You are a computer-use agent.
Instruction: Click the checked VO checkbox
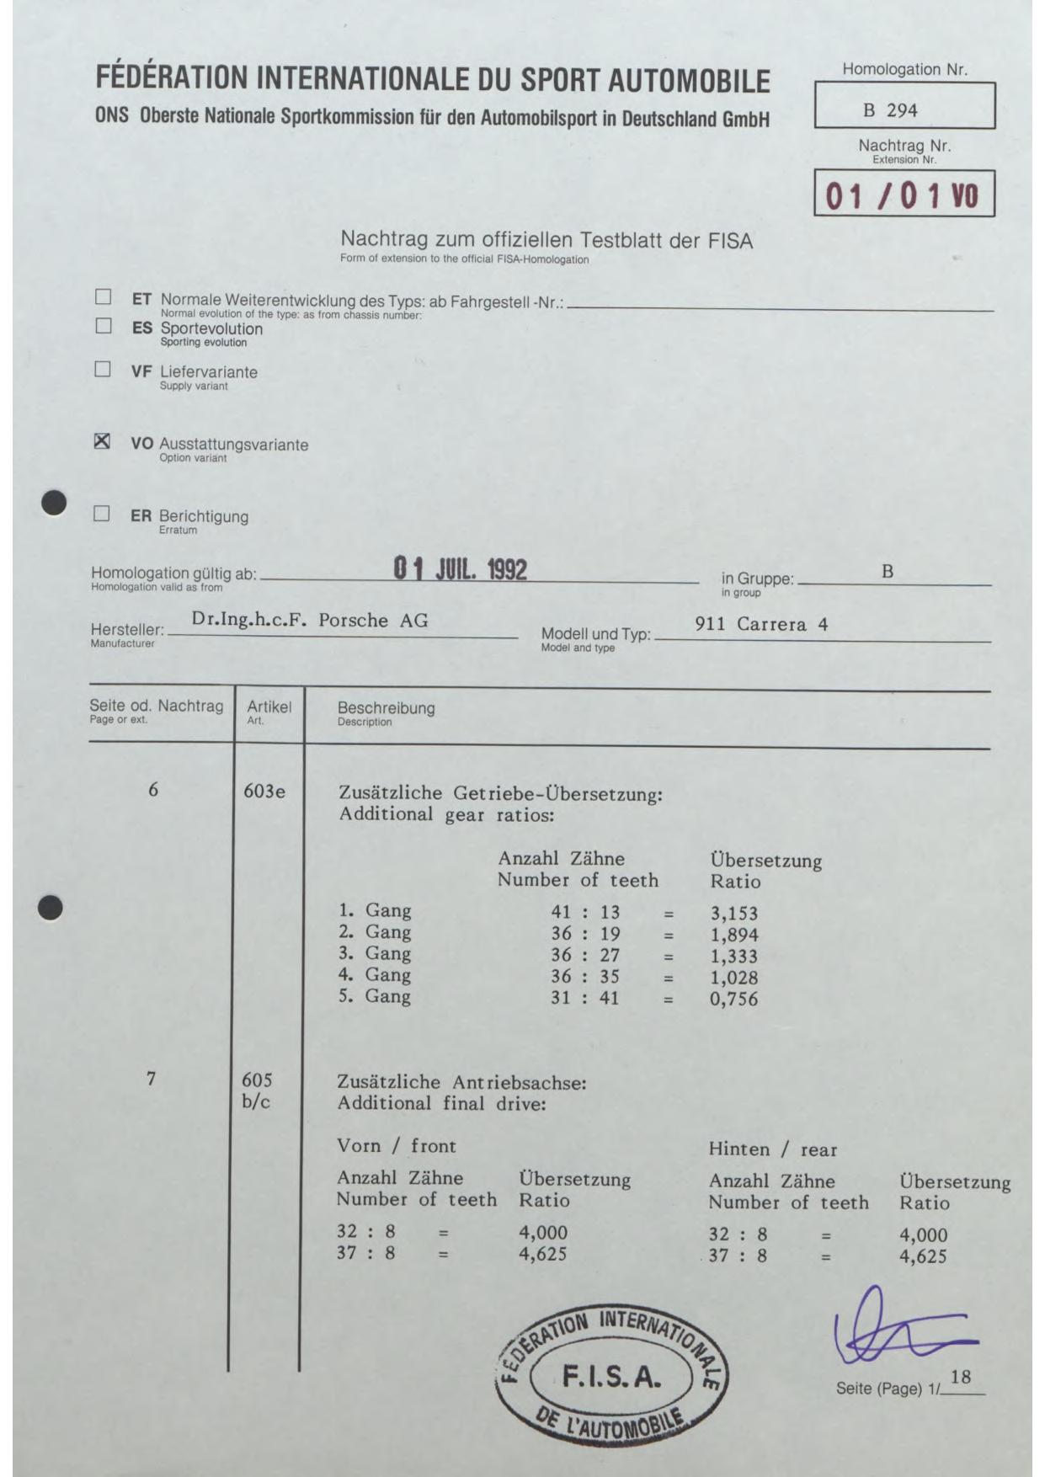pyautogui.click(x=102, y=441)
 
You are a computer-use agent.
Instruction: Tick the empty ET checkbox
pyautogui.click(x=103, y=296)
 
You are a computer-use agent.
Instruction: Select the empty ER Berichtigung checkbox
pyautogui.click(x=102, y=514)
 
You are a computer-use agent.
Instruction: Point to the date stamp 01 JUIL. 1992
pyautogui.click(x=461, y=569)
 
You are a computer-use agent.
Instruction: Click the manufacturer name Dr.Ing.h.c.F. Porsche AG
pyautogui.click(x=310, y=621)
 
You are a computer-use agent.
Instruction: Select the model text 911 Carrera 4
pyautogui.click(x=761, y=624)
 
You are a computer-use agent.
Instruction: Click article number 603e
pyautogui.click(x=264, y=792)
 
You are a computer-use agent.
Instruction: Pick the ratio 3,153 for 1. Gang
pyautogui.click(x=733, y=914)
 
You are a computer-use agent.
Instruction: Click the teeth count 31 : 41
pyautogui.click(x=585, y=998)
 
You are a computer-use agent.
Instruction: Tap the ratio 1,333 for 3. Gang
pyautogui.click(x=733, y=957)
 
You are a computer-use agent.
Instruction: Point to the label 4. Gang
pyautogui.click(x=375, y=975)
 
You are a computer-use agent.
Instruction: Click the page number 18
pyautogui.click(x=960, y=1378)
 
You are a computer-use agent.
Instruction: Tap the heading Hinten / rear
pyautogui.click(x=772, y=1149)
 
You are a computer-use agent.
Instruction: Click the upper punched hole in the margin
pyautogui.click(x=55, y=502)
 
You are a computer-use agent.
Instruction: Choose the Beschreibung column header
pyautogui.click(x=386, y=708)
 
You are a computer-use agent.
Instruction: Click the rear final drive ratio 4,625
pyautogui.click(x=923, y=1256)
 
